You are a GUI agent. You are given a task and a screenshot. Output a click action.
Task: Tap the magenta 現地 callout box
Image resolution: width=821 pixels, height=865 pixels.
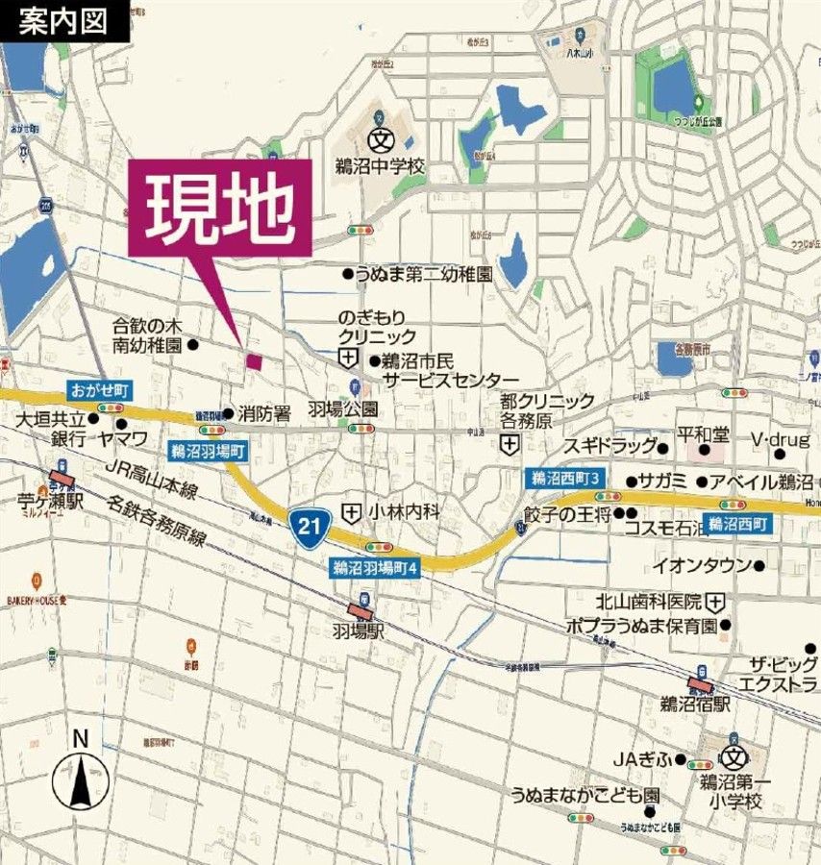pos(219,203)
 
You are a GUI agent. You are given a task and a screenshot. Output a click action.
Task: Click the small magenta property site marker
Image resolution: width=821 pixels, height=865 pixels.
pos(254,361)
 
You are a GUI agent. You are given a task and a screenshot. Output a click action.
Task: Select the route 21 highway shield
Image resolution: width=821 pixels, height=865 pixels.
pos(306,525)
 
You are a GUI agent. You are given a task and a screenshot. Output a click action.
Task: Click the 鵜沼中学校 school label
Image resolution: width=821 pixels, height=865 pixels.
pos(380,166)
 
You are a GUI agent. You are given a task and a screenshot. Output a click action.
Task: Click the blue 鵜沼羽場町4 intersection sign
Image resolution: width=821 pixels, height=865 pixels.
pos(375,567)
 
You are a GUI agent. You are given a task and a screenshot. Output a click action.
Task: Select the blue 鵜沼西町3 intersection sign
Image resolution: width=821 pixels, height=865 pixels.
pos(566,478)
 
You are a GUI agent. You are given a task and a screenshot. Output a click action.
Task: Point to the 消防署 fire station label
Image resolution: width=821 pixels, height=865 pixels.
pos(264,414)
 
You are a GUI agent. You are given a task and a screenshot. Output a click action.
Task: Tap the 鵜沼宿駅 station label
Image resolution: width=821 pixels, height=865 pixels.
pos(694,704)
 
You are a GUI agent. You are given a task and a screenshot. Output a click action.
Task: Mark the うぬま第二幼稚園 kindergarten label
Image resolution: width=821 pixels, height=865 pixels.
pos(423,274)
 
